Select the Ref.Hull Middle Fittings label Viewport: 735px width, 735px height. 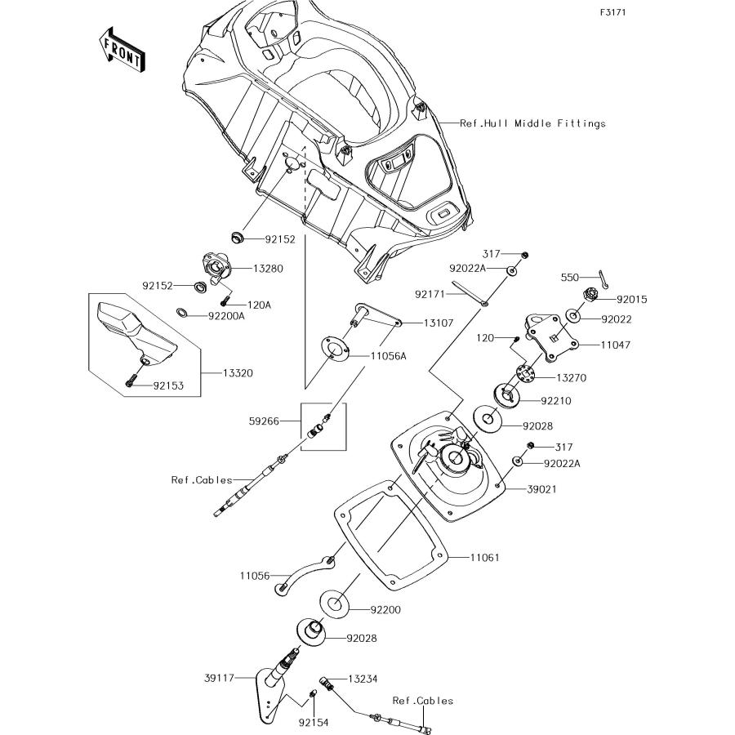[532, 124]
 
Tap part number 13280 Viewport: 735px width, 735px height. [269, 268]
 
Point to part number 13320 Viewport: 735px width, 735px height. [238, 373]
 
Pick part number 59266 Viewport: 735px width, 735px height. [265, 421]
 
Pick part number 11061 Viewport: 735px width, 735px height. [485, 558]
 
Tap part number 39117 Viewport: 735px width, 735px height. [219, 678]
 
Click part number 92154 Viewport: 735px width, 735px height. [313, 723]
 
